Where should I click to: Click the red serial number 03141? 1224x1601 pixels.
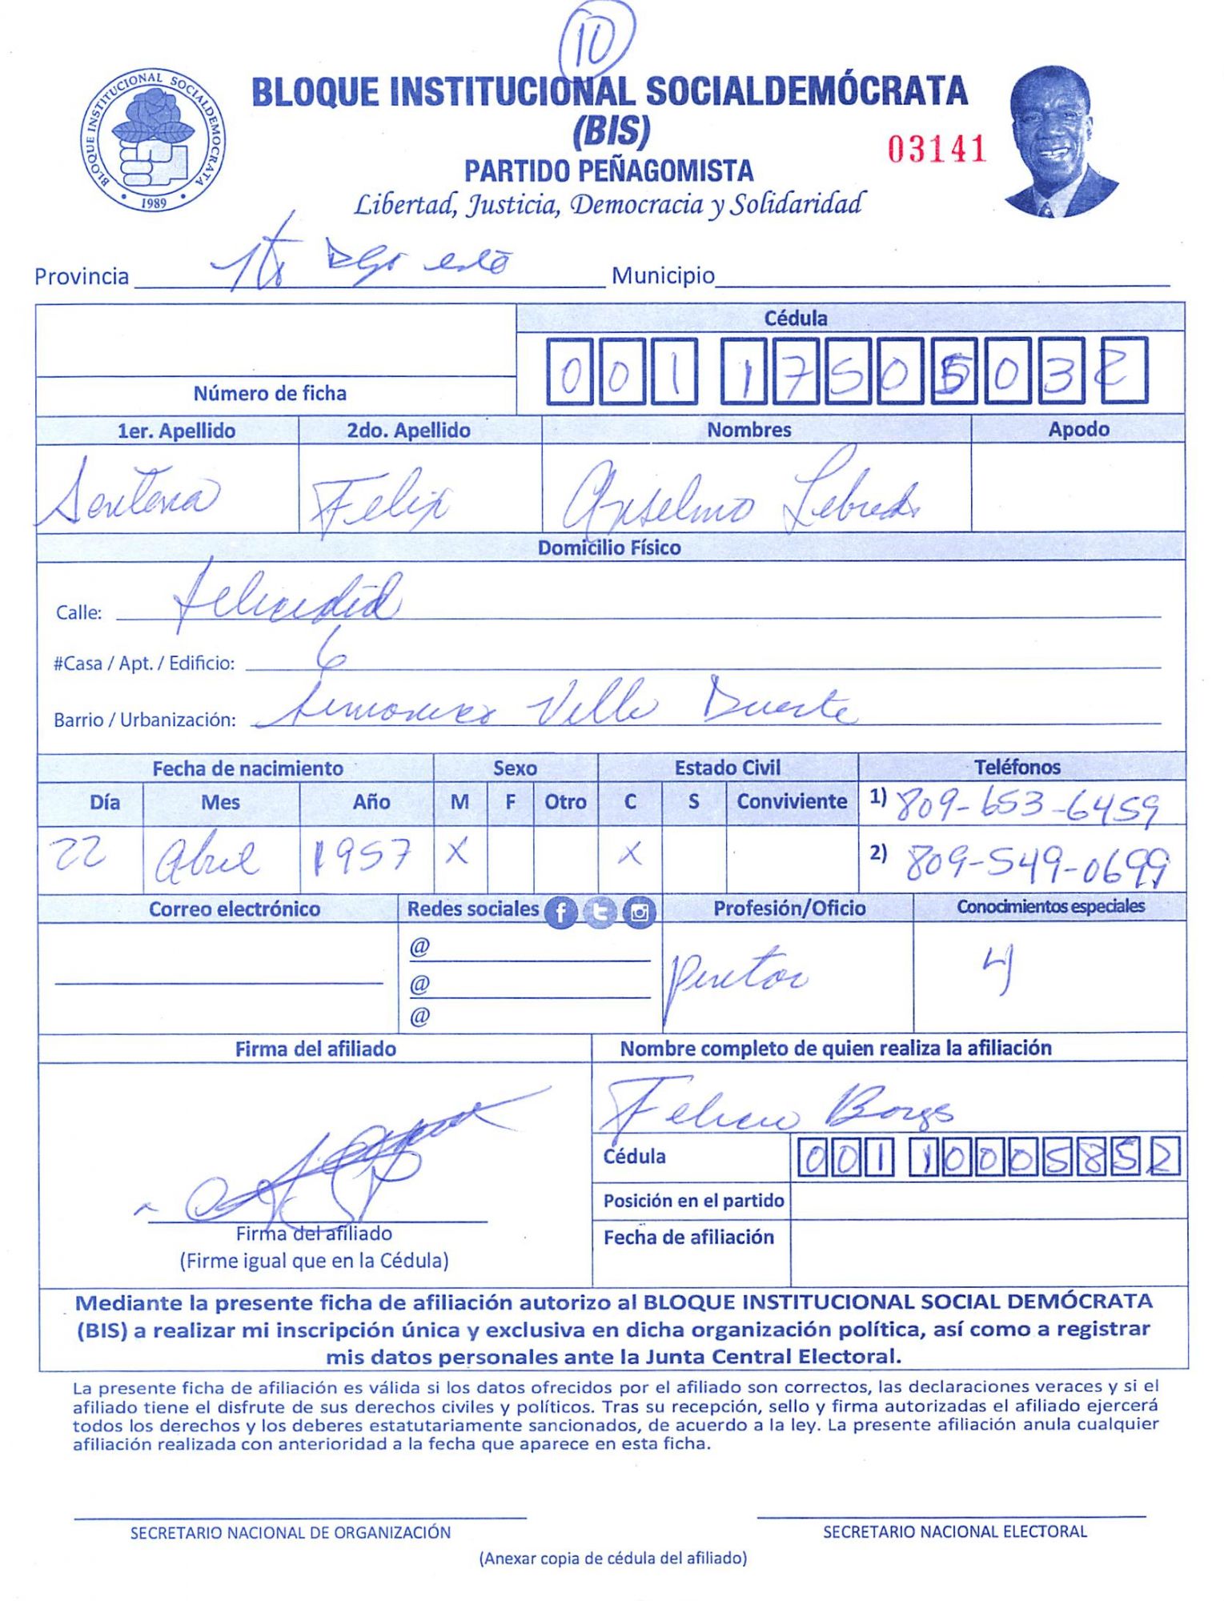pos(936,149)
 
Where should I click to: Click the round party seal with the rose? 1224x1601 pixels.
pos(152,140)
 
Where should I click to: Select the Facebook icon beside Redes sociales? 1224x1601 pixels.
pos(561,912)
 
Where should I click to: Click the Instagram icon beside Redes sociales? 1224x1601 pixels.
pos(639,912)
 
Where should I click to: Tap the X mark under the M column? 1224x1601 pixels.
pos(458,853)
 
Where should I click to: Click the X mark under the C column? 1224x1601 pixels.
pos(630,854)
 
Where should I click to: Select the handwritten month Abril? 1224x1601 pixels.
pos(207,859)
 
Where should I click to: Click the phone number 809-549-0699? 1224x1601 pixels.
pos(1036,865)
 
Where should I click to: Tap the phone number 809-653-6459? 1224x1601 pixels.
pos(1026,806)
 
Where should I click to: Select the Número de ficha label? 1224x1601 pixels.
pos(270,393)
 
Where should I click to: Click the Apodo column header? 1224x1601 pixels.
pos(1078,429)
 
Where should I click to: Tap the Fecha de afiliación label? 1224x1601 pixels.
pos(688,1237)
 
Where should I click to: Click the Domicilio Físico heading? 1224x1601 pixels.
pos(609,548)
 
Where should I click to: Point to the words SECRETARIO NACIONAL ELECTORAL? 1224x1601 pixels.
pos(954,1531)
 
